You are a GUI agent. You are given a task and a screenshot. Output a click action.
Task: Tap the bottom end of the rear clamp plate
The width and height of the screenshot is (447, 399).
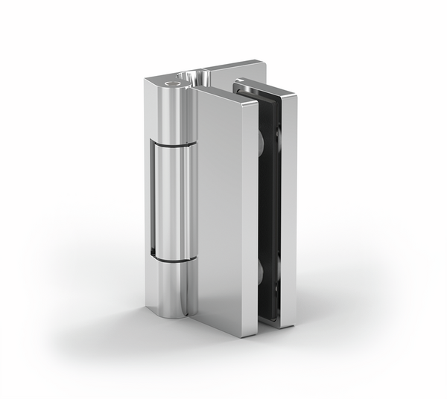pos(286,322)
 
